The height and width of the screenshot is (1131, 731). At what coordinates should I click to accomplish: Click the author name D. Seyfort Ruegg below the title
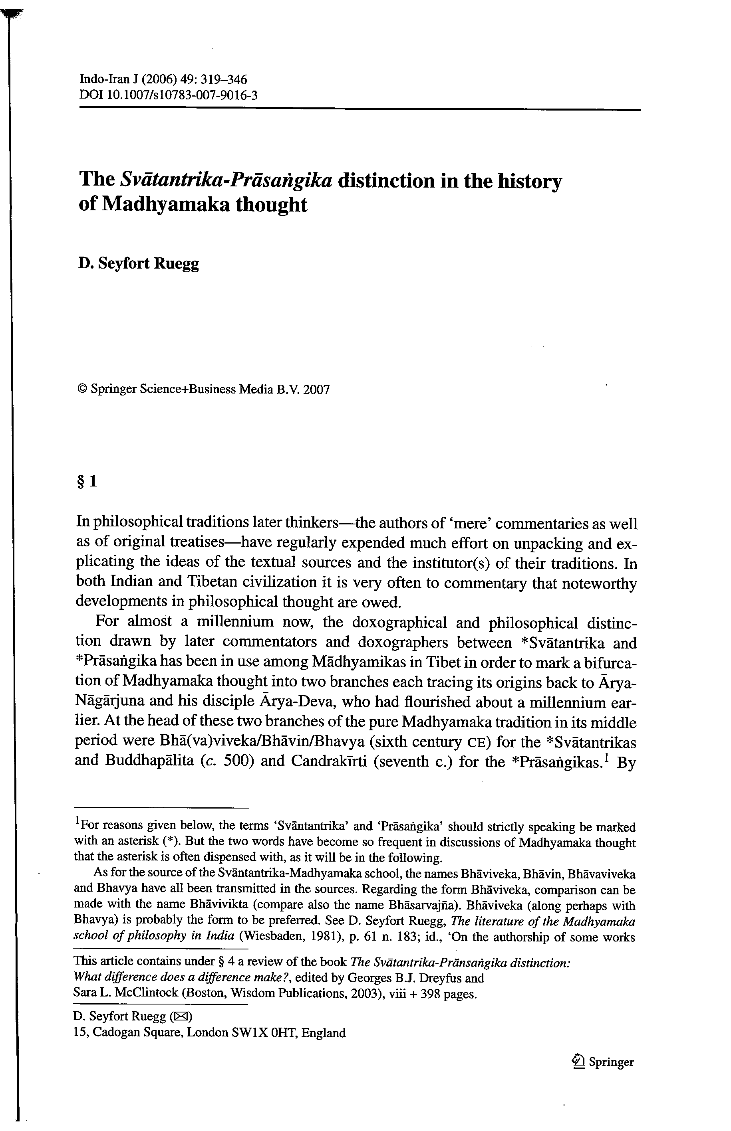[139, 263]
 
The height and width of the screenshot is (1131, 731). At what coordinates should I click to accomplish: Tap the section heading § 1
[87, 482]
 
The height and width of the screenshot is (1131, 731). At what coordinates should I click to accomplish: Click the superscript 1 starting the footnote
[77, 823]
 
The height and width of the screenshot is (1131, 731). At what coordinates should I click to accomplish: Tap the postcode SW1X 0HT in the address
[264, 1033]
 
